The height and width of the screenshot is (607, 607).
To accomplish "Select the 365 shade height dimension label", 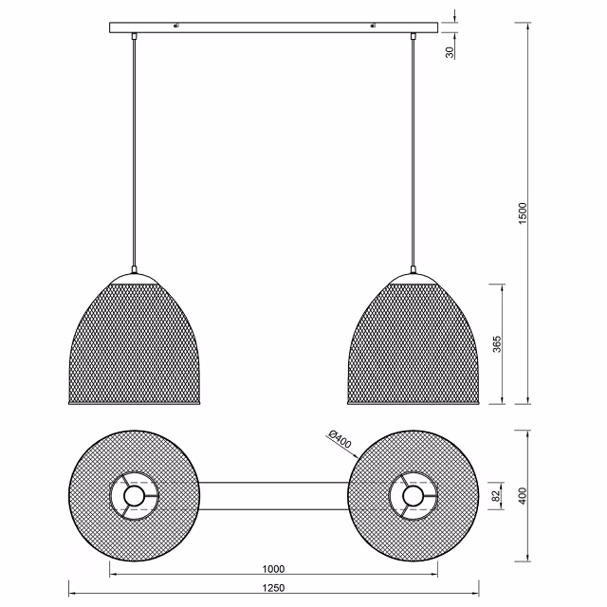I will tap(497, 343).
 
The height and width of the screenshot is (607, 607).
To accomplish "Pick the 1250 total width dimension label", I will tap(273, 588).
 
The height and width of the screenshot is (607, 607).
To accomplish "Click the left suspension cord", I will tap(134, 152).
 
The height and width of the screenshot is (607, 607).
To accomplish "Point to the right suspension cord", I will tap(414, 152).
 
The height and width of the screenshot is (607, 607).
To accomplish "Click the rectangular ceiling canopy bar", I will tap(273, 28).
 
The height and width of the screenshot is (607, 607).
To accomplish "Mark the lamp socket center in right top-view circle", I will tap(414, 495).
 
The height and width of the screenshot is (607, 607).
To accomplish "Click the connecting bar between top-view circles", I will tap(273, 495).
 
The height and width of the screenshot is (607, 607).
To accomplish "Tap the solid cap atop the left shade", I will tap(134, 275).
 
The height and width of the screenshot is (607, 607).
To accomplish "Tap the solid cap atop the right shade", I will tap(414, 275).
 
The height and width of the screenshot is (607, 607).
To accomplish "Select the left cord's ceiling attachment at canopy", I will tap(134, 37).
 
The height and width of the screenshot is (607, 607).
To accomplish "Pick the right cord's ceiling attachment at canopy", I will tap(414, 37).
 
